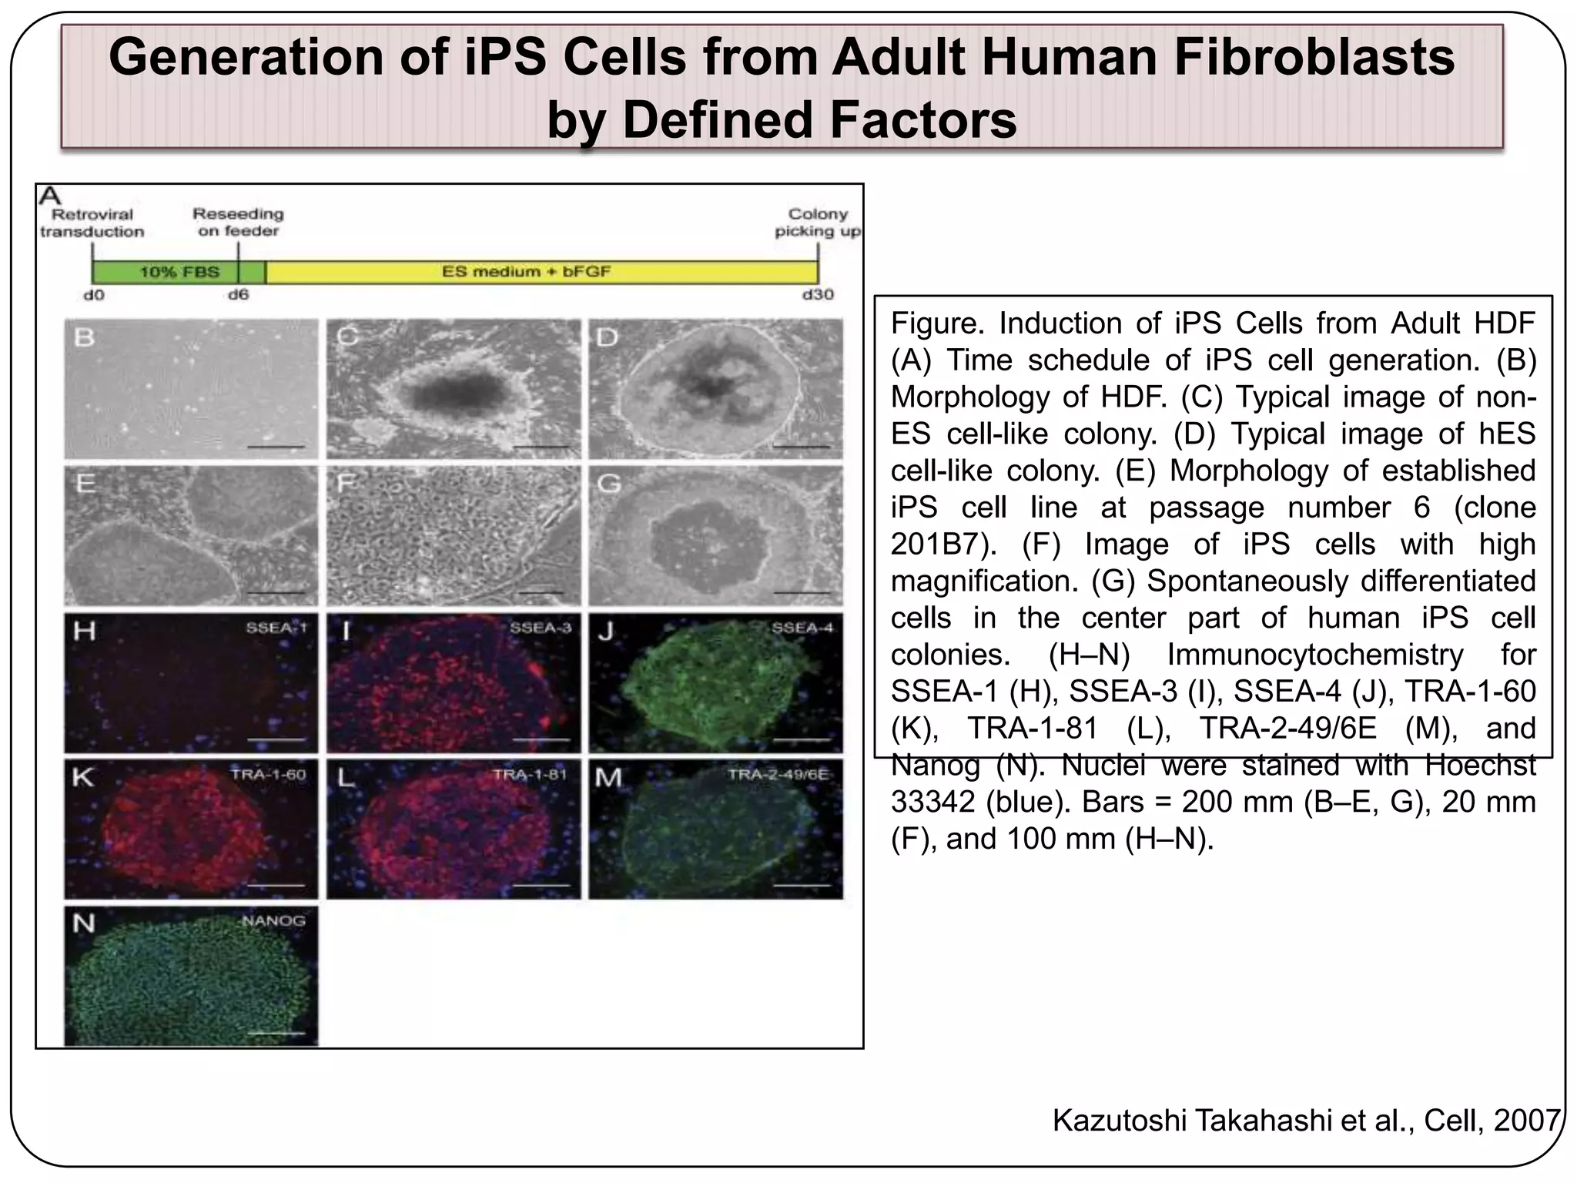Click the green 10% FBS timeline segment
click(x=178, y=272)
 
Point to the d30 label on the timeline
click(x=817, y=294)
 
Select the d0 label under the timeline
click(x=93, y=294)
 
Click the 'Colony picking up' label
click(x=817, y=223)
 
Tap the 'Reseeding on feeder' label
click(x=238, y=222)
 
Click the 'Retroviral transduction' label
click(x=92, y=223)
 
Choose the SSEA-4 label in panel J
click(x=802, y=628)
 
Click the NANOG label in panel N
click(x=273, y=921)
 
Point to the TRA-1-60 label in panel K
click(x=268, y=774)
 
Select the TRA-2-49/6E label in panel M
click(x=778, y=774)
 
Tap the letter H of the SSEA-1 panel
click(x=84, y=632)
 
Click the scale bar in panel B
click(x=276, y=446)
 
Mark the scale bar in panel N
click(x=276, y=1033)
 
